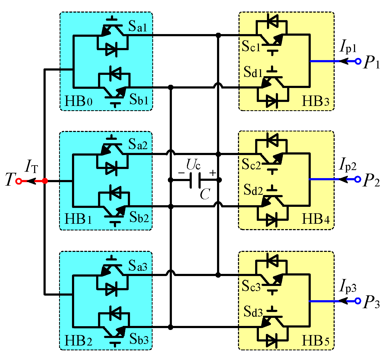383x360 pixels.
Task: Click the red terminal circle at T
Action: (x=19, y=181)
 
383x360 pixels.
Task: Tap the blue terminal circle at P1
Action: (x=358, y=61)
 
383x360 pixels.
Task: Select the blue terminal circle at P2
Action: (x=358, y=179)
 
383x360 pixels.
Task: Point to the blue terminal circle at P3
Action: (x=358, y=301)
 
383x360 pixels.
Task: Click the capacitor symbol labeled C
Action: (x=195, y=180)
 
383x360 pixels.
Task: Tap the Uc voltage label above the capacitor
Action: (x=193, y=165)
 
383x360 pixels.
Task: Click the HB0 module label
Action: (x=78, y=102)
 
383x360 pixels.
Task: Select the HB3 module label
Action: (x=316, y=102)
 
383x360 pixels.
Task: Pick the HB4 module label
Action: (x=316, y=219)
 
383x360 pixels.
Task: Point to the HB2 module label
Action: (x=78, y=341)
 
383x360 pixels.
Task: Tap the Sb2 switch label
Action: (x=139, y=217)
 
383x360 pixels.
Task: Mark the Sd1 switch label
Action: (x=253, y=72)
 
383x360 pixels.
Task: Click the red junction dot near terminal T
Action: (x=45, y=181)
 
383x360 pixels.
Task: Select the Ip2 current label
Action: (x=348, y=165)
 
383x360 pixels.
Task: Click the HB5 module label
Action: (x=316, y=341)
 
